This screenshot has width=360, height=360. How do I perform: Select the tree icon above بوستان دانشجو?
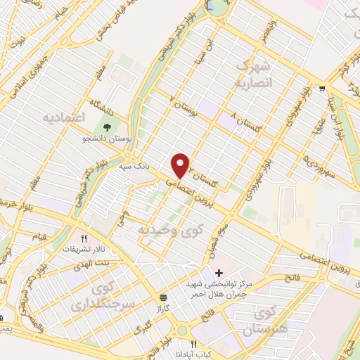[x=107, y=127]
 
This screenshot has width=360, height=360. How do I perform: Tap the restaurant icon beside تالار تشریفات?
[x=84, y=238]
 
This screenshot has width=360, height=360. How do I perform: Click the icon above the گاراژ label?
[x=163, y=297]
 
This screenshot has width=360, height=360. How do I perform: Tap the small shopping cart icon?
[x=321, y=89]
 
